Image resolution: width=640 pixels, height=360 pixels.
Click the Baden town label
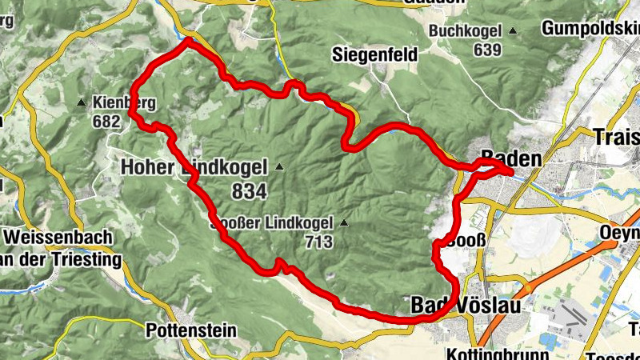pyautogui.click(x=511, y=158)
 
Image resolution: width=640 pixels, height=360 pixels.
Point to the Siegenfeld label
pyautogui.click(x=372, y=54)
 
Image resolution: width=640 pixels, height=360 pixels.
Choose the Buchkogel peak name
pyautogui.click(x=465, y=31)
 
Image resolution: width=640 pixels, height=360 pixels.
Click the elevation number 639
pyautogui.click(x=486, y=50)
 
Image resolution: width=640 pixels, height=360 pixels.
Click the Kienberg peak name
pyautogui.click(x=123, y=103)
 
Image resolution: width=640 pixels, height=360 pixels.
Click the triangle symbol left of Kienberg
pyautogui.click(x=81, y=103)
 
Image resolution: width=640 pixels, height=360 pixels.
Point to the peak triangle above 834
pyautogui.click(x=278, y=167)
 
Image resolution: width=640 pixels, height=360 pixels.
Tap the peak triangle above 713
pyautogui.click(x=343, y=222)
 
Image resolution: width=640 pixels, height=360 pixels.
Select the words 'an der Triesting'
pyautogui.click(x=61, y=260)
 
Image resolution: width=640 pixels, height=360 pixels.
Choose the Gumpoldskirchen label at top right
pyautogui.click(x=590, y=29)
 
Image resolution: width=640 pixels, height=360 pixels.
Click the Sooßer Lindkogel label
pyautogui.click(x=272, y=222)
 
